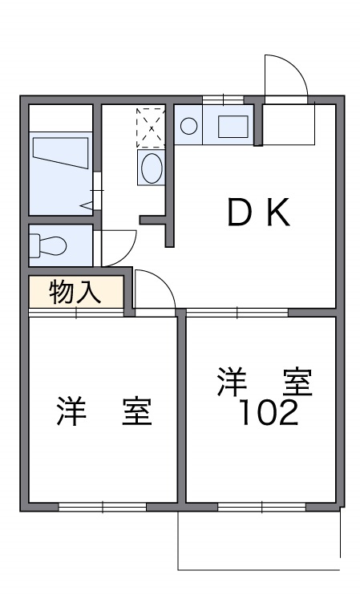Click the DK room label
click(257, 213)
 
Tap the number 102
click(269, 413)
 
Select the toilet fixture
click(50, 245)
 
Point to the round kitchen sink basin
click(189, 126)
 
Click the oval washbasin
click(151, 168)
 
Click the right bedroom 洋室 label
click(263, 382)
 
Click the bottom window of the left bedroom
click(102, 507)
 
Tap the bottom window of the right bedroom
click(261, 507)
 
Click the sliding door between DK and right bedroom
click(237, 311)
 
